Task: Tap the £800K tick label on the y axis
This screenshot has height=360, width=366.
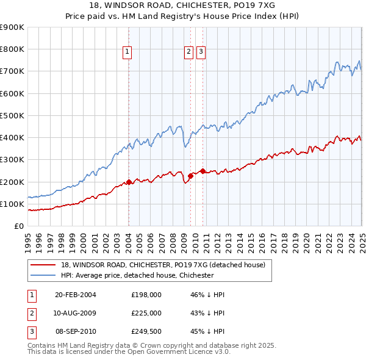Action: (x=12, y=49)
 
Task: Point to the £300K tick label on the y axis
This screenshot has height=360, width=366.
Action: (x=12, y=160)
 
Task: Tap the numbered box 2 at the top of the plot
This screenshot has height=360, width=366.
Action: (x=189, y=52)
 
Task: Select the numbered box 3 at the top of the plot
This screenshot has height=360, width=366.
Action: (x=201, y=52)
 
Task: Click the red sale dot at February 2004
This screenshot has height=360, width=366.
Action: (x=129, y=182)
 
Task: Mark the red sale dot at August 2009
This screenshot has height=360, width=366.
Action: (x=190, y=176)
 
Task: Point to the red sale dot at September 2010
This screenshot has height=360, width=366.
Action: (x=202, y=171)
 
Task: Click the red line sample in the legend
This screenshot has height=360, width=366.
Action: (x=43, y=265)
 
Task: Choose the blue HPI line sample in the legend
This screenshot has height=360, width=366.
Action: (x=43, y=276)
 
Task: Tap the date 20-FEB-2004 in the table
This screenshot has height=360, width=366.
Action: (x=76, y=295)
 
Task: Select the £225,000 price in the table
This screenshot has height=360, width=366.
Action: (x=146, y=313)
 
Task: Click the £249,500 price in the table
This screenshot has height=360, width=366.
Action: (x=146, y=331)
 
